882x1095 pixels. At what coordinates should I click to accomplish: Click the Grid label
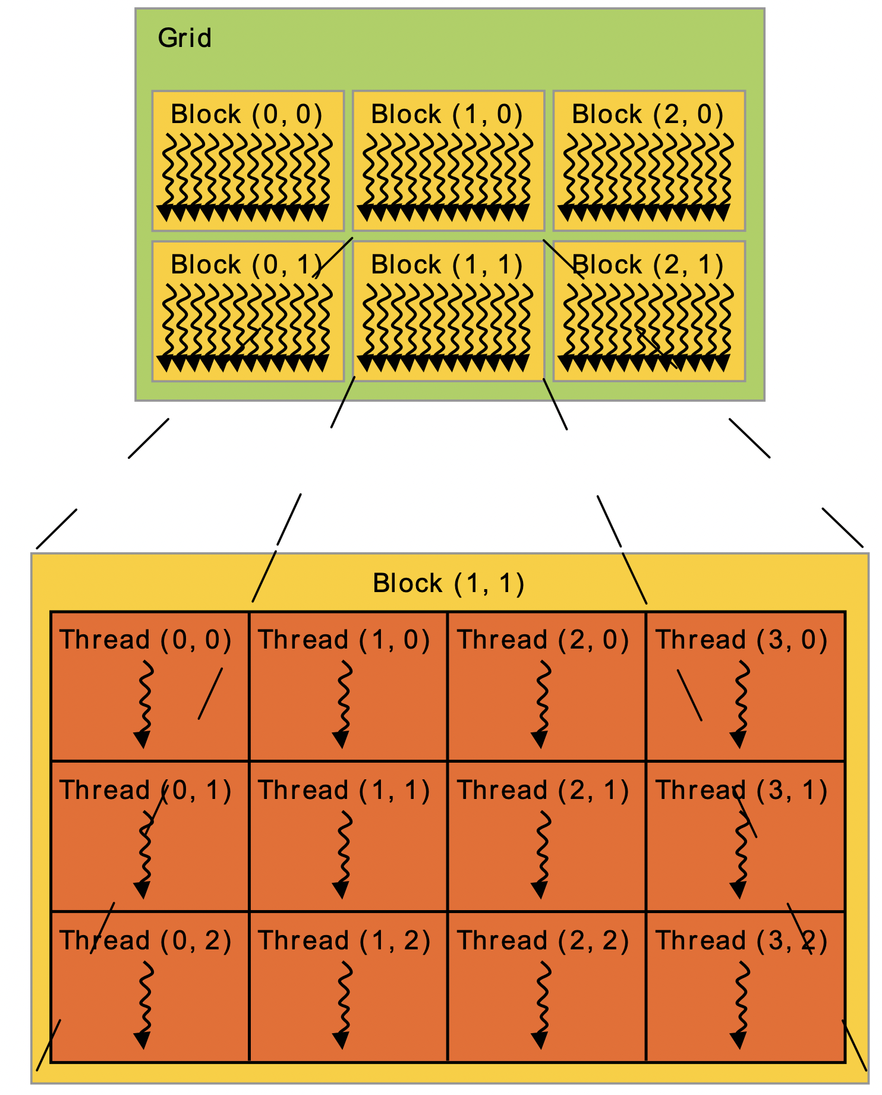pyautogui.click(x=184, y=39)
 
